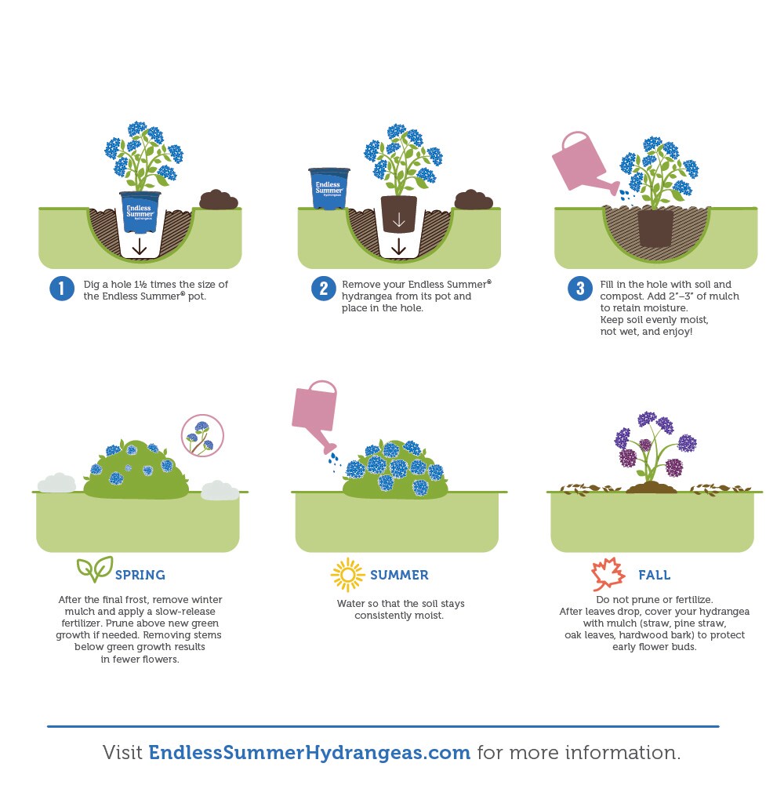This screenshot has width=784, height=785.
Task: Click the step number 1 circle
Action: (x=62, y=289)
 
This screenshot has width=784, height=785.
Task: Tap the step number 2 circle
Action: (x=324, y=289)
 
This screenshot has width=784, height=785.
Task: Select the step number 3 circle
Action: (x=580, y=289)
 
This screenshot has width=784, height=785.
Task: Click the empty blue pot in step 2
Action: (x=329, y=188)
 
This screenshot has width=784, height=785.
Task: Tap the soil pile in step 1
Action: (x=219, y=200)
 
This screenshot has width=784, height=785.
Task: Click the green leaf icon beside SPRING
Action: (x=95, y=569)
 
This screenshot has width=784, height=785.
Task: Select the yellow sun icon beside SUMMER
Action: (x=347, y=575)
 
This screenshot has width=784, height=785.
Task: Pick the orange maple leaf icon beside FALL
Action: (x=608, y=574)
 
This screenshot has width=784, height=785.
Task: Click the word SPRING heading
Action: (x=140, y=575)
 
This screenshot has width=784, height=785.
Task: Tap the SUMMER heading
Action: (x=400, y=575)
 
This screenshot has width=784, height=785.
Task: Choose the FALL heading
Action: (x=655, y=575)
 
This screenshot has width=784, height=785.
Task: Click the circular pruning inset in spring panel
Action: (x=202, y=435)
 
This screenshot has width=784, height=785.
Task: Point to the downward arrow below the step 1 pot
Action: (x=140, y=247)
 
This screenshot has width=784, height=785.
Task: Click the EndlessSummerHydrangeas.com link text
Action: (x=310, y=753)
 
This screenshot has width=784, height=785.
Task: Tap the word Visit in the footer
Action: (x=122, y=753)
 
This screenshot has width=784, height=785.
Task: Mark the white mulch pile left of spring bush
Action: (x=56, y=482)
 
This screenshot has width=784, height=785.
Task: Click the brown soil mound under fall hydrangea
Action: (x=652, y=487)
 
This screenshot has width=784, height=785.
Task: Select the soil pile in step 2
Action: (x=473, y=199)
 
